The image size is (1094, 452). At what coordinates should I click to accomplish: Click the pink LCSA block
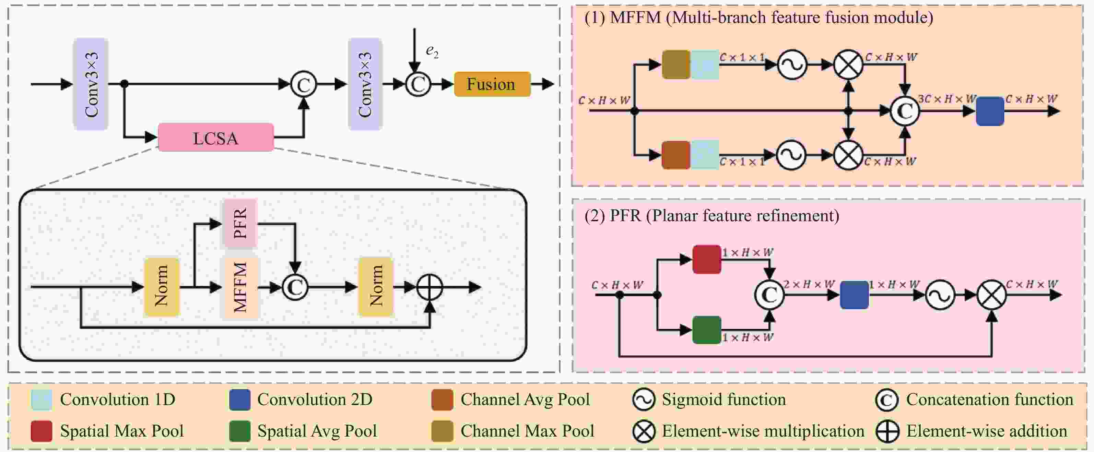pyautogui.click(x=216, y=138)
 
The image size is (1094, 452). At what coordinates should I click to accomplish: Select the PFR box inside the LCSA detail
pyautogui.click(x=240, y=223)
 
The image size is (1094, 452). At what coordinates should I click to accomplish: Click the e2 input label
pyautogui.click(x=432, y=51)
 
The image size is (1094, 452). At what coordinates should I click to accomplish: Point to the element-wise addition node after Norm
pyautogui.click(x=430, y=287)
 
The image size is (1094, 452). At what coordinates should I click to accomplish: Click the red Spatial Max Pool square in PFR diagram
pyautogui.click(x=707, y=259)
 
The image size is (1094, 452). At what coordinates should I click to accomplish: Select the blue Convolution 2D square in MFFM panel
pyautogui.click(x=990, y=111)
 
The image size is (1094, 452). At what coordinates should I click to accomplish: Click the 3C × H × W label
pyautogui.click(x=946, y=99)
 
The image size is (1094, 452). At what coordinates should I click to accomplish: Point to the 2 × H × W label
pyautogui.click(x=809, y=284)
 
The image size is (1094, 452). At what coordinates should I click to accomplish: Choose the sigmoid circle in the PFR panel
pyautogui.click(x=940, y=295)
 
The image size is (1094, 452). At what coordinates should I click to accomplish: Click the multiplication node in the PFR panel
pyautogui.click(x=992, y=295)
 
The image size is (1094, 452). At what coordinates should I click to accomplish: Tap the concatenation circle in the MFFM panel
pyautogui.click(x=905, y=111)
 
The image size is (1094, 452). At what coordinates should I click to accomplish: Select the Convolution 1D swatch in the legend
pyautogui.click(x=42, y=400)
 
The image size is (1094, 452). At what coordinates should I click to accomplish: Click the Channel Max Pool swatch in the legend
pyautogui.click(x=442, y=431)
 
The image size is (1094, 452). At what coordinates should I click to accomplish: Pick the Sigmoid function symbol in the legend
pyautogui.click(x=644, y=400)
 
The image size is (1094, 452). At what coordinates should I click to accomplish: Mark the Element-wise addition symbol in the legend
pyautogui.click(x=887, y=431)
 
